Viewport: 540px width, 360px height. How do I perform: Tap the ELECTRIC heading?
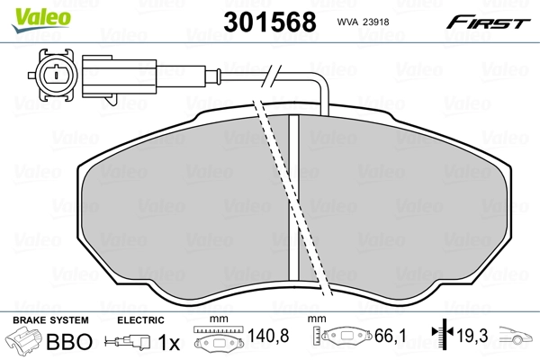[141, 320]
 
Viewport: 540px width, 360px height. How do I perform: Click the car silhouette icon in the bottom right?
[517, 342]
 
